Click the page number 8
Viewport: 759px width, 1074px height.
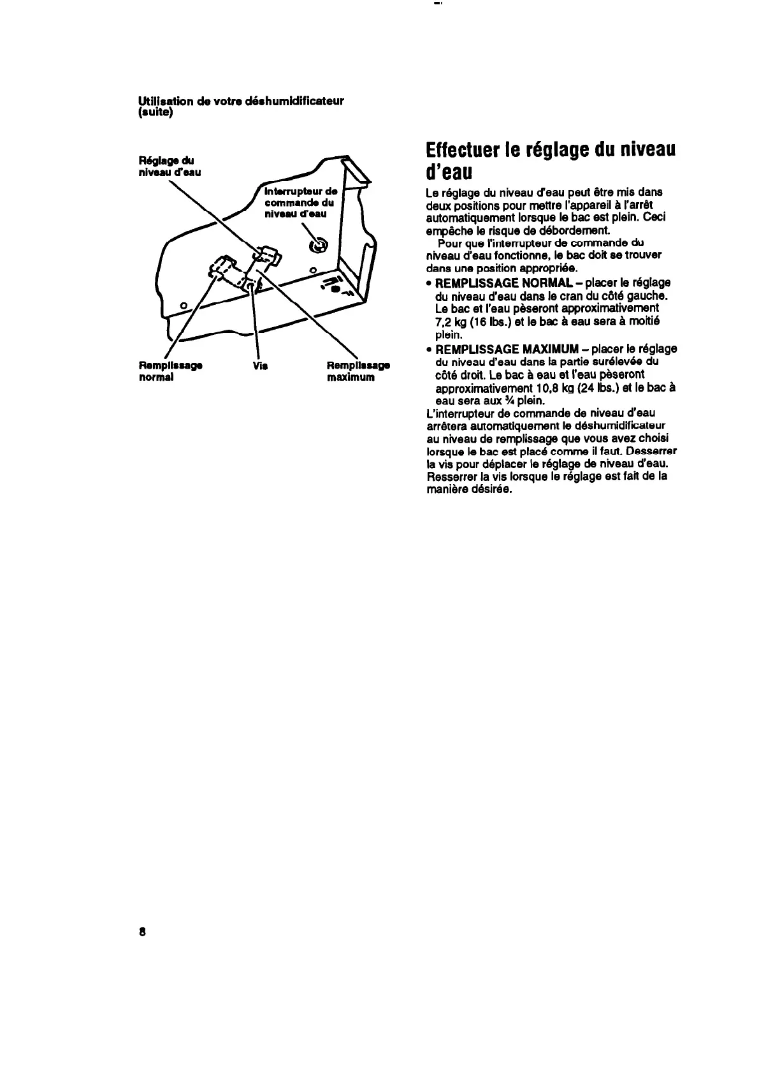142,931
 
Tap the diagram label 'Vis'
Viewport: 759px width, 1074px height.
260,366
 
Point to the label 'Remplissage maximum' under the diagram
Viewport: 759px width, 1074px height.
358,371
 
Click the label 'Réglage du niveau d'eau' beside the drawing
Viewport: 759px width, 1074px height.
170,166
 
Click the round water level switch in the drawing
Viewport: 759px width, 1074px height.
317,246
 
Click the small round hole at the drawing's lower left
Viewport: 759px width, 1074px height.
184,305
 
